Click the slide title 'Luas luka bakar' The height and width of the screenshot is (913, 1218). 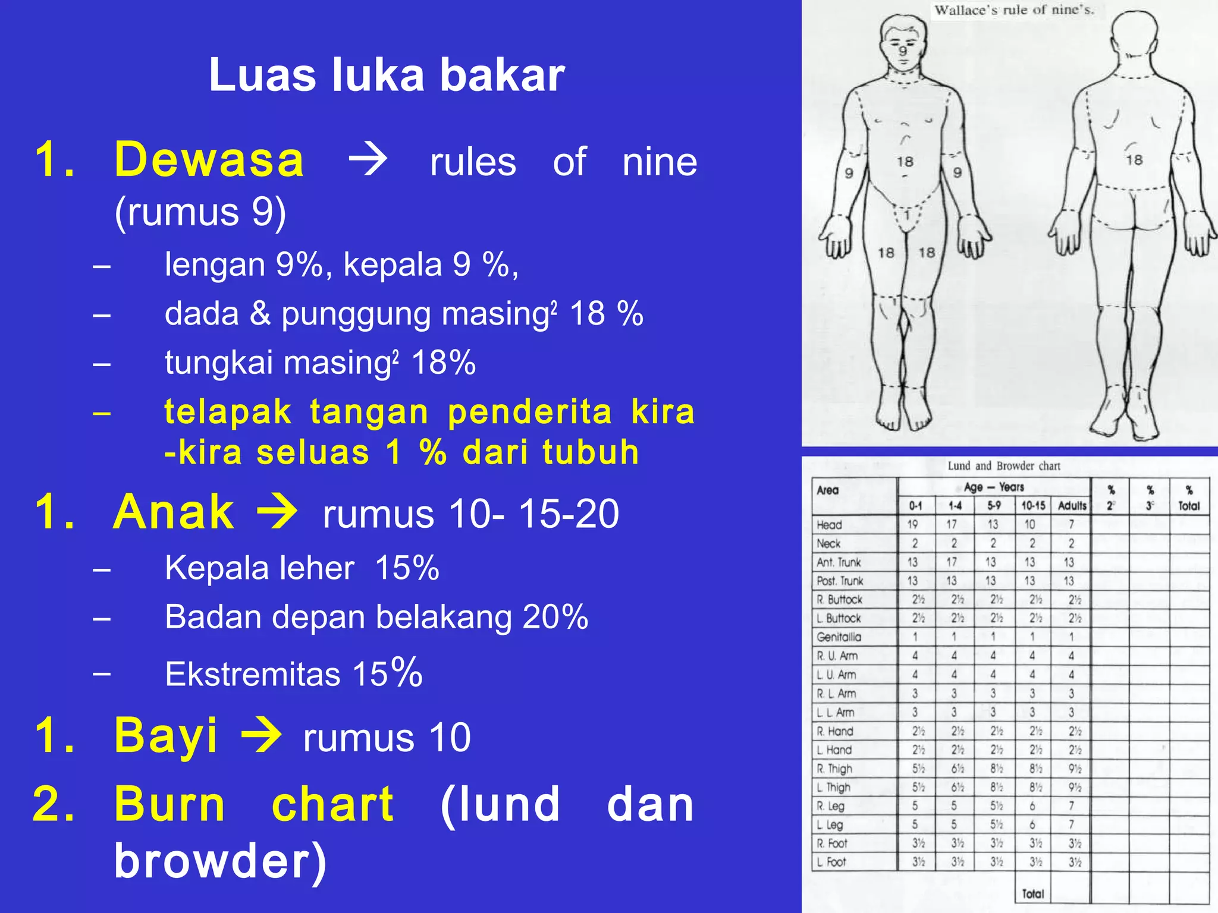387,75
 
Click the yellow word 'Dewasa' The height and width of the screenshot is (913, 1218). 209,160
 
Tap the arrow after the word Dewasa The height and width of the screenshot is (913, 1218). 368,160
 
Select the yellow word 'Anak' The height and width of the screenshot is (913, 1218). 174,512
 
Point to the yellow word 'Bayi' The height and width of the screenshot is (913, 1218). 166,735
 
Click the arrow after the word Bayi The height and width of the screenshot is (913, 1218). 261,735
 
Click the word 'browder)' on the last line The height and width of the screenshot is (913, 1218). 220,860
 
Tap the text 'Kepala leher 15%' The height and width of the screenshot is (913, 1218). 302,568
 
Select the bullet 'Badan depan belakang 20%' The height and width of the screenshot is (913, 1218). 376,617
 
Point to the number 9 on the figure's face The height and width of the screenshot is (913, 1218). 903,51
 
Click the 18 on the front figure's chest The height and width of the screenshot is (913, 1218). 905,162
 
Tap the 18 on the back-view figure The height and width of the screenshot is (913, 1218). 1134,160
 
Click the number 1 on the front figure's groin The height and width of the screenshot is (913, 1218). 907,215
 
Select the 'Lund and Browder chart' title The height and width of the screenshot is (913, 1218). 1004,466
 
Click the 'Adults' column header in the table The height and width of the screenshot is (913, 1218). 1072,506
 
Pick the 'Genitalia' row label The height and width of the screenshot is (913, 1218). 839,637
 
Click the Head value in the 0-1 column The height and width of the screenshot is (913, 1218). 913,525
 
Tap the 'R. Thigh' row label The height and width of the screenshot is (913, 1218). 834,769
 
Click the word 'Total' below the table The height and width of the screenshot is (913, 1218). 1033,893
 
